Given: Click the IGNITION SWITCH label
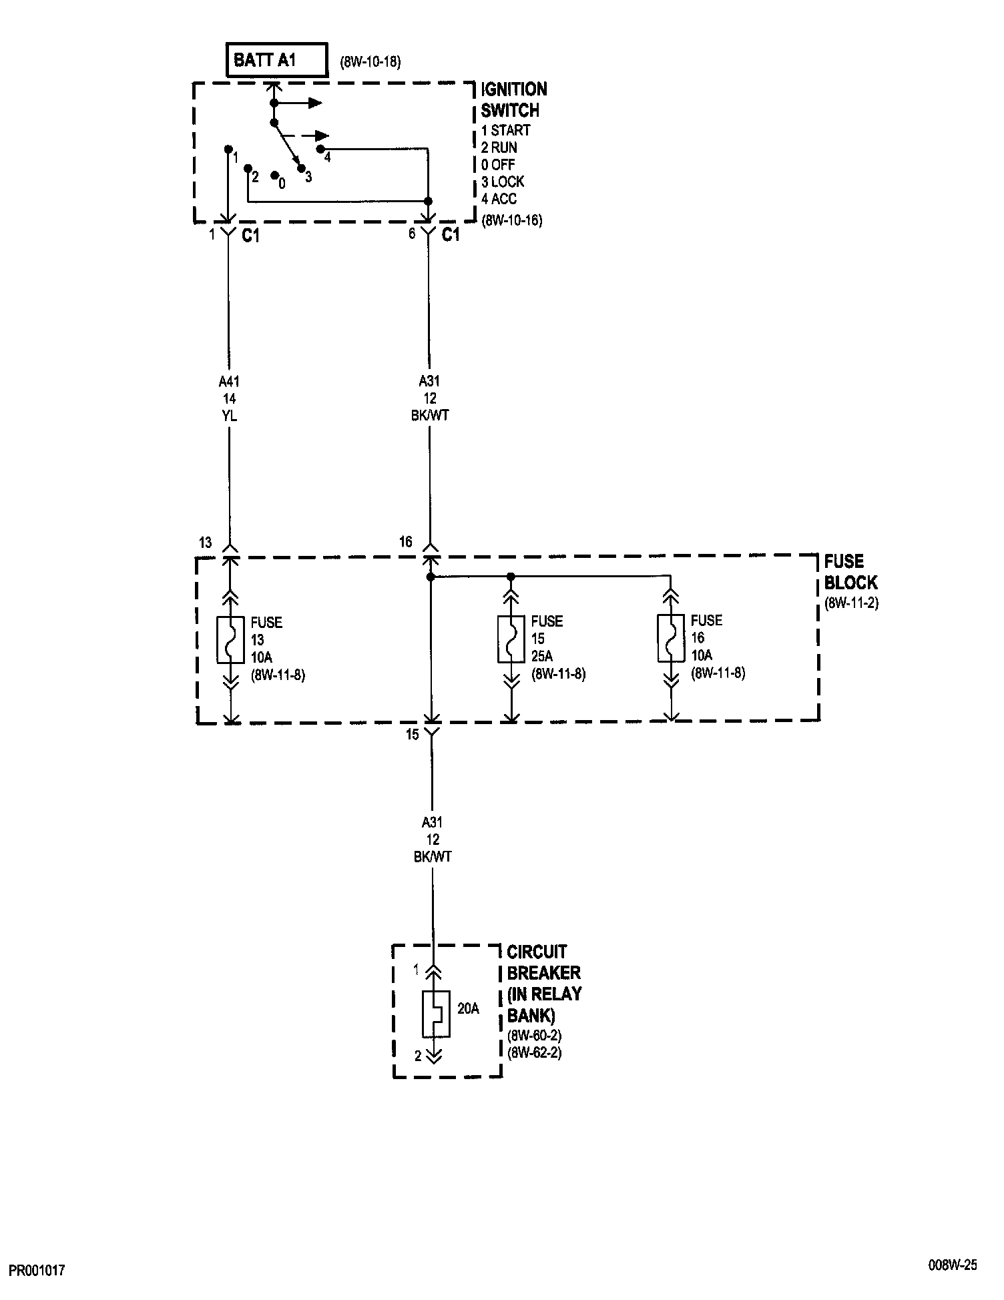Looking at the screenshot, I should click(513, 99).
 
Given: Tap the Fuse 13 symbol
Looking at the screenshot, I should click(230, 641).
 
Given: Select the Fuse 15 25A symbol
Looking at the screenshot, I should click(511, 639).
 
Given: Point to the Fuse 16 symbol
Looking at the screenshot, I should click(671, 639).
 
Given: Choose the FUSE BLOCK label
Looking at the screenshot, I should click(849, 571).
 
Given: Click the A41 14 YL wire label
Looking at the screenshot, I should click(229, 398).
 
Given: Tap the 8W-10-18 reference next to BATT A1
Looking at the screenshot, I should click(370, 63).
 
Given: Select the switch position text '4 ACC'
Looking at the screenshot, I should click(499, 199).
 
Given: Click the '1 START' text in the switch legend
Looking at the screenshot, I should click(505, 130).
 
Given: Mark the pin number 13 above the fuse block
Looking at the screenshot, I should click(206, 543).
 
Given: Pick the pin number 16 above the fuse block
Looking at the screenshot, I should click(406, 543).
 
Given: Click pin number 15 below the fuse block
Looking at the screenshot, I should click(413, 734).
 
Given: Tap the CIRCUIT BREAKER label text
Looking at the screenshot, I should click(543, 983).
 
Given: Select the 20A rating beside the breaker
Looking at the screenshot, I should click(468, 1008).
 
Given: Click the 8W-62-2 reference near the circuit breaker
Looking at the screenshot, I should click(534, 1054).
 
